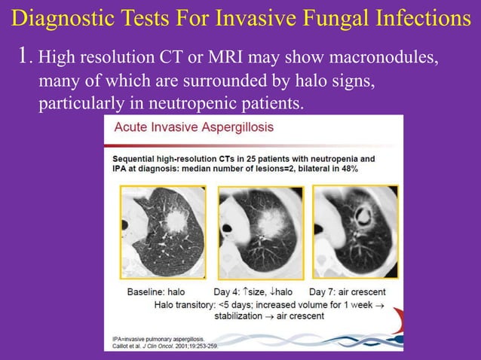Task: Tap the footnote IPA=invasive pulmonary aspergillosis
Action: click(x=158, y=340)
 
